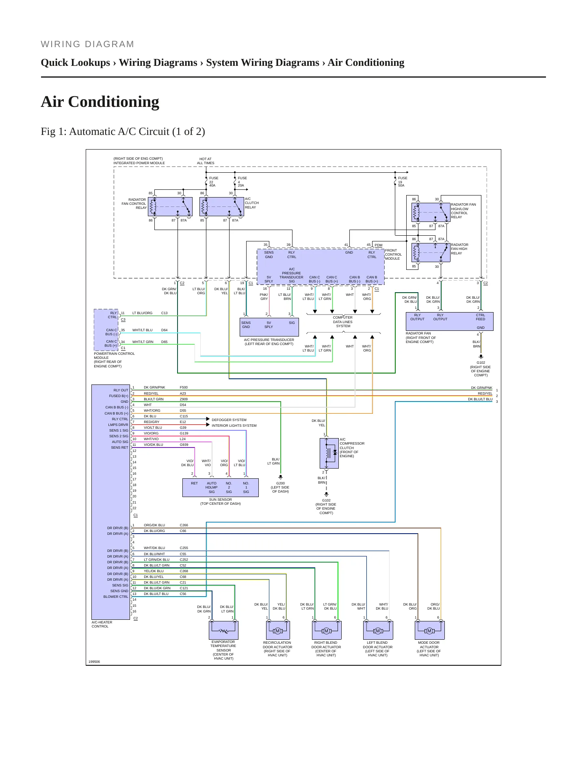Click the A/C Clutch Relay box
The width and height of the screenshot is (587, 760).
pos(222,206)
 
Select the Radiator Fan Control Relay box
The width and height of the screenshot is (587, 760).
pos(170,206)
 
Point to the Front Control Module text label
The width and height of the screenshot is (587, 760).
pos(393,254)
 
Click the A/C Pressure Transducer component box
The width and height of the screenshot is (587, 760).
pos(269,327)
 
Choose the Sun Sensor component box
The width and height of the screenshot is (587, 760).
pos(221,488)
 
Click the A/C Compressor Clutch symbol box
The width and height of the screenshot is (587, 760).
pos(329,453)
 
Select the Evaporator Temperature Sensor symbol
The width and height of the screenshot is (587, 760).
pos(223,630)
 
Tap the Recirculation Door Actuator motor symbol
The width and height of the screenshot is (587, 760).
pos(278,630)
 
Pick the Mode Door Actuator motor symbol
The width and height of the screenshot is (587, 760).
pos(429,630)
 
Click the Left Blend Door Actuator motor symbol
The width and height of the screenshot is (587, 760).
pos(378,630)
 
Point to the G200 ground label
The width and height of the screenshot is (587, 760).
pos(280,483)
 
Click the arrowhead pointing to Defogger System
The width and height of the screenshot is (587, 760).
pos(208,419)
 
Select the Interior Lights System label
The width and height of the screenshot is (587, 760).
pos(234,426)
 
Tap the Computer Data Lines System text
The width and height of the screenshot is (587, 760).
pos(343,322)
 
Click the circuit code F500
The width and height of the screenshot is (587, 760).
pos(184,387)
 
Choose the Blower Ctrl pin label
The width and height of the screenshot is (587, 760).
pos(116,597)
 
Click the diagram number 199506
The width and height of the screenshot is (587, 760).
pos(94,662)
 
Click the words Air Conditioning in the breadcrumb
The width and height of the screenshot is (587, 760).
pos(366,63)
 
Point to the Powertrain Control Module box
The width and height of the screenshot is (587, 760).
pos(106,330)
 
